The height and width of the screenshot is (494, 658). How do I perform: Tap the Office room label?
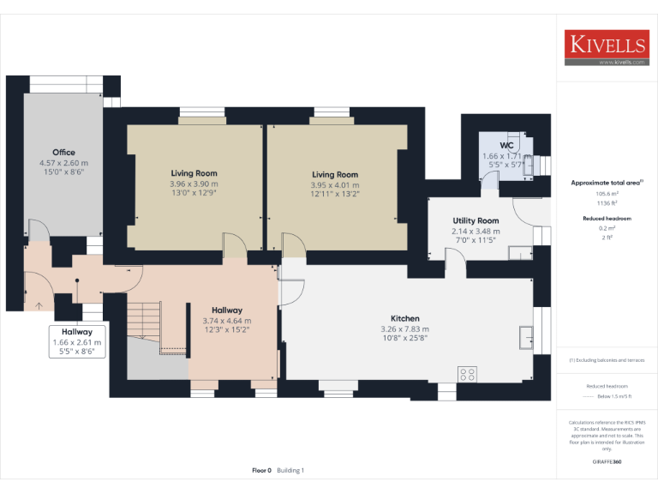63,153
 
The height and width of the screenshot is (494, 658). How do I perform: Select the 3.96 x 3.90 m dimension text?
194,184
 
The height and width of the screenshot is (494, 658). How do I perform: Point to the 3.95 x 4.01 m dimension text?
335,184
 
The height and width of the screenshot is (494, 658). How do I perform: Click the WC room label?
494,146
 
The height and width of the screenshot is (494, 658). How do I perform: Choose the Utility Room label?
476,221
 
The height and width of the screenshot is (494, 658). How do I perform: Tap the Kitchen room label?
404,318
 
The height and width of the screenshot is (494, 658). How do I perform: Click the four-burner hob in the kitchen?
468,373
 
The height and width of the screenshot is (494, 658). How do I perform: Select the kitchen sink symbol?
526,337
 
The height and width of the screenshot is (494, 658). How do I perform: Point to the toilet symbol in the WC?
524,146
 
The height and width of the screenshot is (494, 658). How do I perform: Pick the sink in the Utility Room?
518,251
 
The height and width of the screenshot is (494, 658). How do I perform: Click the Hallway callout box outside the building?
77,340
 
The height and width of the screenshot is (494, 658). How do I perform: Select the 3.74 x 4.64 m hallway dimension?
227,321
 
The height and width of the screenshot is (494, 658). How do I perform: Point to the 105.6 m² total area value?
607,194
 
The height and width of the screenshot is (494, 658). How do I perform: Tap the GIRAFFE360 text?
607,461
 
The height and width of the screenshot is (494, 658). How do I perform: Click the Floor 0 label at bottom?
261,470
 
